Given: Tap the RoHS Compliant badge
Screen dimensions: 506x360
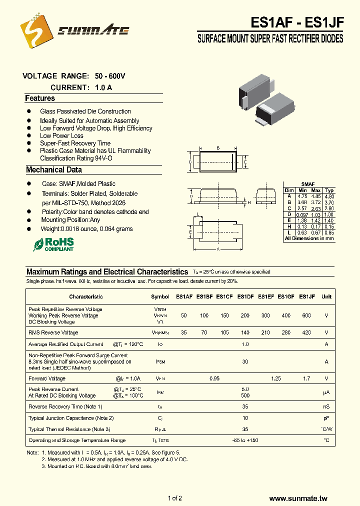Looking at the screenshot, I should coord(53,244).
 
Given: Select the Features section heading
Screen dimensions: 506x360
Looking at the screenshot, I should coord(40,98).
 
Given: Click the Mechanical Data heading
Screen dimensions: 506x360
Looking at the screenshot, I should coord(53,170).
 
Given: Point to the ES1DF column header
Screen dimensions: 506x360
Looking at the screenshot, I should coord(245,296).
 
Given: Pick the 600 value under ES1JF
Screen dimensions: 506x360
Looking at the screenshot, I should coord(306,315).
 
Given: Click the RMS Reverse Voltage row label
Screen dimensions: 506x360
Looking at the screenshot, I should coord(53,332).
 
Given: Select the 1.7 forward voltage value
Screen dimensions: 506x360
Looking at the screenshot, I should coord(306,378).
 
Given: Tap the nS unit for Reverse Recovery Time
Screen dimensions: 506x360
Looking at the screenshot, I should coord(326,406).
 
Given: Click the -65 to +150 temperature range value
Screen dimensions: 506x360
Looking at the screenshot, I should coord(245,440).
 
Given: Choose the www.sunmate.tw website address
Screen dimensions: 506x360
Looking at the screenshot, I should coord(298,498).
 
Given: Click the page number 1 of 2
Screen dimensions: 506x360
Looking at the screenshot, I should coord(175,498).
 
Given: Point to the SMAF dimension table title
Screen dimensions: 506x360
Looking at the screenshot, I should coord(307,184).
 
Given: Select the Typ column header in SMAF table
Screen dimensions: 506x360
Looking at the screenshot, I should coord(329,190).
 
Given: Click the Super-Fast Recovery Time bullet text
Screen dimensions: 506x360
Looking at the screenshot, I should coord(75,143).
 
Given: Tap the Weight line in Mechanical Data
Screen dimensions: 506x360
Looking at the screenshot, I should coord(87,228).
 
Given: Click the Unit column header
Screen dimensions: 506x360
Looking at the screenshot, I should coord(326,296).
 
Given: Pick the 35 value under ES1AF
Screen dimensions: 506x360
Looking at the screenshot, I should coord(184,332).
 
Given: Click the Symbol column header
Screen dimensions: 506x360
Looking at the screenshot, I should coord(160,296).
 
